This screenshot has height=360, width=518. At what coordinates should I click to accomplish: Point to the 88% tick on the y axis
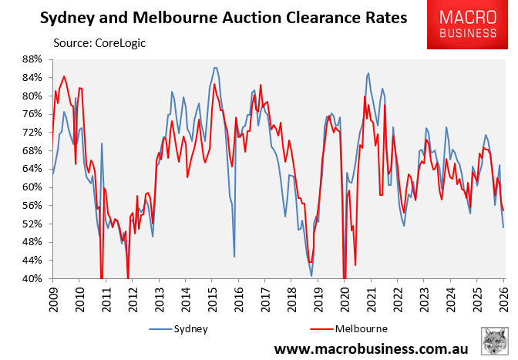click(x=31, y=59)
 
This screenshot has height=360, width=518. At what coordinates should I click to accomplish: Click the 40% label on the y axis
click(x=31, y=279)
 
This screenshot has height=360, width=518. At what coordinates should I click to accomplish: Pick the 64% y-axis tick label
click(x=31, y=169)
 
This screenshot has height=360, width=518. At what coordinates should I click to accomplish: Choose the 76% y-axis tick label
click(x=31, y=114)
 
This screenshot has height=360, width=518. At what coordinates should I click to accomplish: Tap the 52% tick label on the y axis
click(x=31, y=224)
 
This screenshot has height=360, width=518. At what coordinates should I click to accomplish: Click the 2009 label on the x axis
click(x=52, y=298)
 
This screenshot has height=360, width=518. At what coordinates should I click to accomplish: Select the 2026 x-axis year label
click(x=504, y=298)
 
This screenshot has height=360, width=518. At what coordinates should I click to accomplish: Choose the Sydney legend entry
click(x=181, y=328)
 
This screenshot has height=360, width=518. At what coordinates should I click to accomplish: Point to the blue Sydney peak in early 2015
click(x=215, y=68)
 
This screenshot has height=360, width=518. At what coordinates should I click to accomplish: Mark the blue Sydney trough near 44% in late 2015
click(x=234, y=256)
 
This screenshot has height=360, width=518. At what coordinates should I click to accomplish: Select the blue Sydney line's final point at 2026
click(x=503, y=227)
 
